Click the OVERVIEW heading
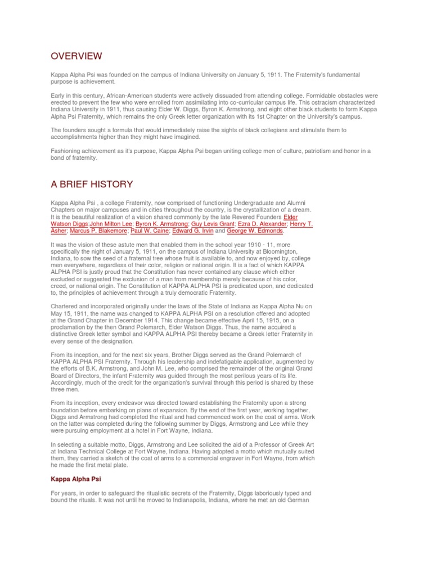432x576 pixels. [76, 56]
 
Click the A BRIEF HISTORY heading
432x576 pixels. [92, 184]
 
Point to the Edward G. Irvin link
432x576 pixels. [196, 231]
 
